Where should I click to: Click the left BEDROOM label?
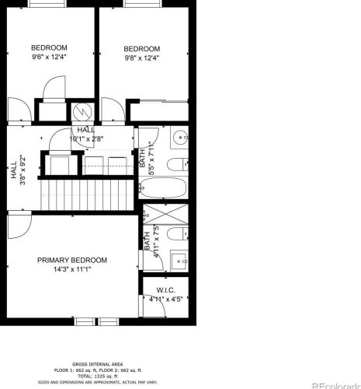[x=50, y=47]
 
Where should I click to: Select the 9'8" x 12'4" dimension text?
[x=142, y=58]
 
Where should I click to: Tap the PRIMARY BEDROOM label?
[x=72, y=260]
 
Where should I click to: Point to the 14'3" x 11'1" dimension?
[x=72, y=269]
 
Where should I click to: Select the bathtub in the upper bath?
[x=165, y=187]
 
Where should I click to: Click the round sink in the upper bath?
[x=179, y=138]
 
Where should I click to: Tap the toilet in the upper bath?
[x=176, y=164]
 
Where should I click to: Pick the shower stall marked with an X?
[x=165, y=213]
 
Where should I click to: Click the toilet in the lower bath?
[x=177, y=235]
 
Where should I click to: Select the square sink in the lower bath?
[x=177, y=262]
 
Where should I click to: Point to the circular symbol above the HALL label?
[x=82, y=113]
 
